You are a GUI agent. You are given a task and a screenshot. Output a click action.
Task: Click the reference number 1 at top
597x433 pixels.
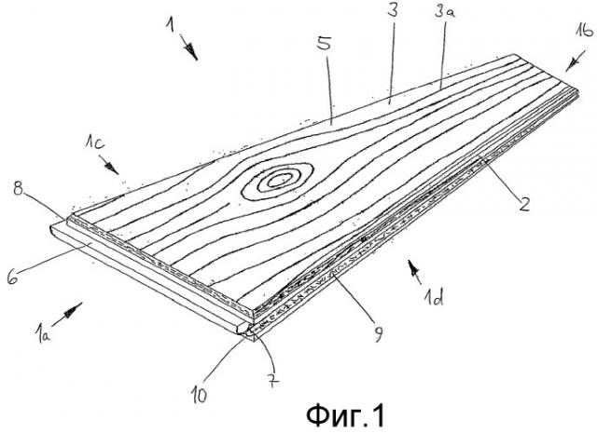click(170, 25)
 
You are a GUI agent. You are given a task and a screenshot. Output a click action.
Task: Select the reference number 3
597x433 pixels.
click(393, 9)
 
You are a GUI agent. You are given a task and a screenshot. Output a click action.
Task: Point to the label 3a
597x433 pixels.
click(445, 11)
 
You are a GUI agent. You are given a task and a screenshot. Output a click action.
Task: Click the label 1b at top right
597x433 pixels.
click(584, 31)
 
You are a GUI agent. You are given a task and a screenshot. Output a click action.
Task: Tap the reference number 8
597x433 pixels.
click(18, 188)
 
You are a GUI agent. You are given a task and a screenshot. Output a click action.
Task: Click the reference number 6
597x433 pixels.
click(12, 277)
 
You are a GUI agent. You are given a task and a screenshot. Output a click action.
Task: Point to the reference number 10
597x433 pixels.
click(199, 396)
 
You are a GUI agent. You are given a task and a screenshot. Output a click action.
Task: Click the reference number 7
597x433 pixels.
click(273, 380)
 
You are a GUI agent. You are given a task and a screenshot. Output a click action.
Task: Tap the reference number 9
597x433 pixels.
click(378, 334)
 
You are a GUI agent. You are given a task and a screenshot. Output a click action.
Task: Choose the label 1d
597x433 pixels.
click(434, 298)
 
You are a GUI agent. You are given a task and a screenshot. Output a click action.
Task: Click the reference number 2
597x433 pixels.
click(524, 203)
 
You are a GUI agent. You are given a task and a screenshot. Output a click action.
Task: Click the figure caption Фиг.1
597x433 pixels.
click(346, 415)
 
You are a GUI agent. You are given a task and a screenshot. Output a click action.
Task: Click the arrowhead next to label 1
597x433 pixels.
click(192, 52)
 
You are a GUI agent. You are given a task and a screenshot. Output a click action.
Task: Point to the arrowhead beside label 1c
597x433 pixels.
click(112, 168)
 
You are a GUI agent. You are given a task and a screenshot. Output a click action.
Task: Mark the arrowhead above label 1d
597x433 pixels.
click(412, 267)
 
